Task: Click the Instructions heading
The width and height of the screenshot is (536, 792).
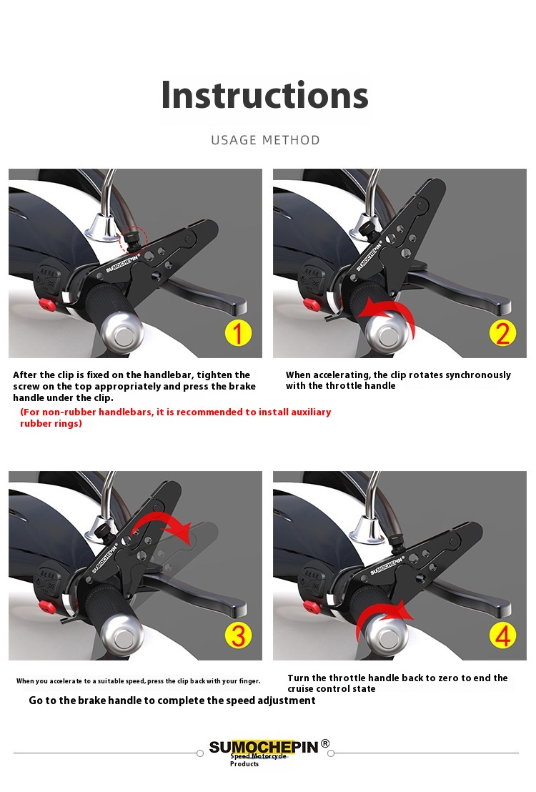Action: point(264,95)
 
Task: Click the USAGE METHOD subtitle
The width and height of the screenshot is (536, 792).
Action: point(265,140)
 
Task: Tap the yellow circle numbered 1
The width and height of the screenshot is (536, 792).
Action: point(237,333)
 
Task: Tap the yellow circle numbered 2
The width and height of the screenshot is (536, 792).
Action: point(502,333)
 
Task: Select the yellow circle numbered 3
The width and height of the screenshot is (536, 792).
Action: point(238,635)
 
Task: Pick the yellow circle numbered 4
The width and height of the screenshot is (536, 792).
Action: point(502,635)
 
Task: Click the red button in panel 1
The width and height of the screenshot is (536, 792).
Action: point(47,304)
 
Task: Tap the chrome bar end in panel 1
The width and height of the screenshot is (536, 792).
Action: point(122,333)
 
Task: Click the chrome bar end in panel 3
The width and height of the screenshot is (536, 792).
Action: point(121,635)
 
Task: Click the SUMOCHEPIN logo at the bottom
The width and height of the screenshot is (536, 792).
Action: point(264,747)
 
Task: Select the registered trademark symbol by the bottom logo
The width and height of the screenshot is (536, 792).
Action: point(325,743)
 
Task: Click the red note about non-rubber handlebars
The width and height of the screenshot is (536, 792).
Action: point(175,417)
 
